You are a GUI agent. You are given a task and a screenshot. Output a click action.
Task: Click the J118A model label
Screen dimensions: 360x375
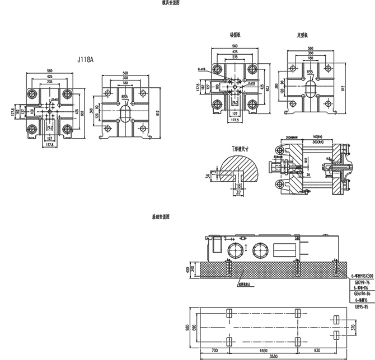[x=88, y=58]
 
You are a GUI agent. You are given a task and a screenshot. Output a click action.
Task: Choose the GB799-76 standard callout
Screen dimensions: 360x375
[x=361, y=283]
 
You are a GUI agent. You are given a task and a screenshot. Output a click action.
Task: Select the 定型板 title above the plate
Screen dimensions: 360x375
[x=303, y=35]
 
